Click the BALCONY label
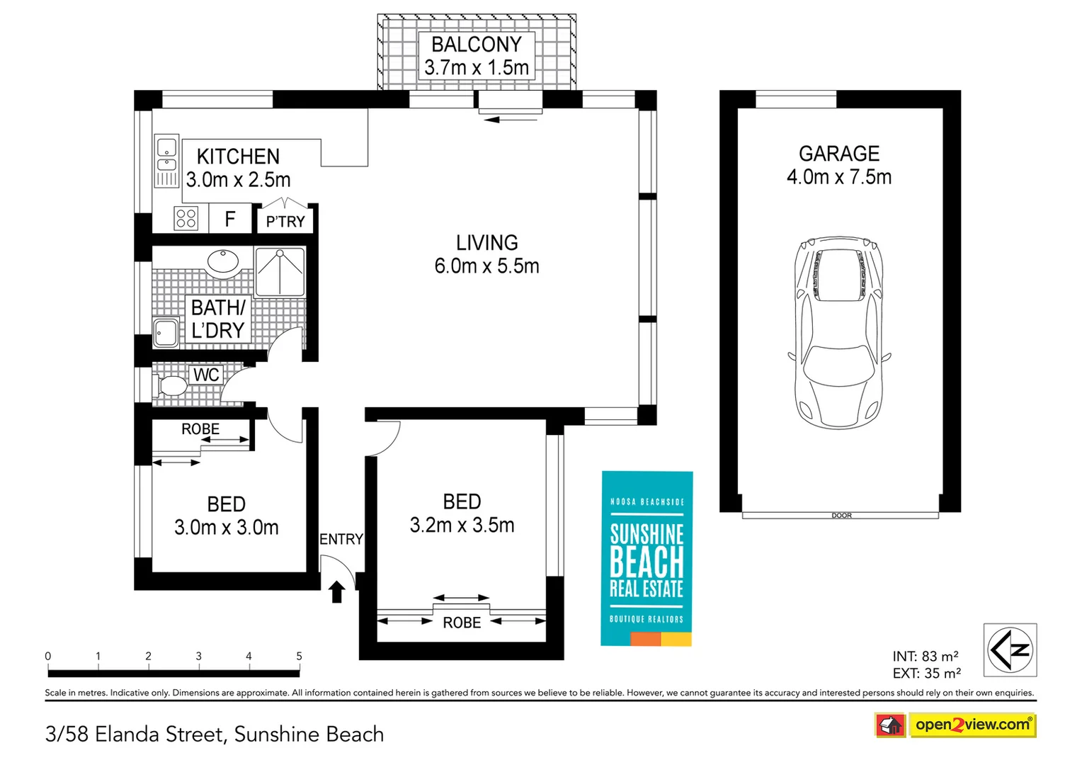point(477,45)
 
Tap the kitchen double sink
point(166,161)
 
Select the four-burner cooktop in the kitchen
point(186,218)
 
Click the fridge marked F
point(230,219)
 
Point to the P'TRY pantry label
point(285,221)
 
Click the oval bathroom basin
point(223,261)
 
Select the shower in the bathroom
point(280,271)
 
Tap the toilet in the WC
point(169,385)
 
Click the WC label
point(206,375)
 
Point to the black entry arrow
point(336,592)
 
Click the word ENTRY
point(341,539)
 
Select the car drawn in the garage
point(840,332)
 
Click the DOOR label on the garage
point(841,516)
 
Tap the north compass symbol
point(1010,650)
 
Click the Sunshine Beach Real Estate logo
point(647,558)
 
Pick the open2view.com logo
point(955,725)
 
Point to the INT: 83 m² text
point(926,656)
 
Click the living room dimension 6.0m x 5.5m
point(487,266)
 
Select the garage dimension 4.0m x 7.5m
point(839,177)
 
